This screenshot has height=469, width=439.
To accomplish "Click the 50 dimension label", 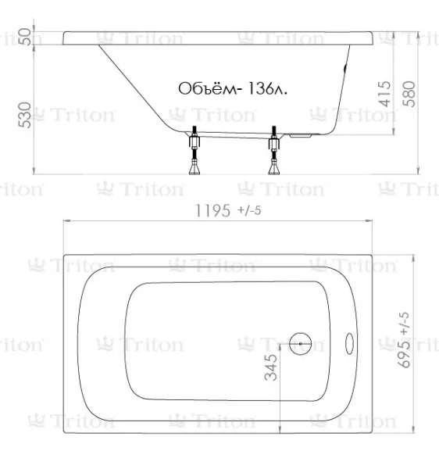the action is point(24,37).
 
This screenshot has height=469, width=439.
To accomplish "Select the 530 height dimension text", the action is point(24,115).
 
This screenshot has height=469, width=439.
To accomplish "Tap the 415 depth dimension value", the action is point(384,94).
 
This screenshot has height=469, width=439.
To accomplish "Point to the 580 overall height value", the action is point(409,94).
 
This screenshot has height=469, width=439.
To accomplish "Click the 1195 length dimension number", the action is point(212,210).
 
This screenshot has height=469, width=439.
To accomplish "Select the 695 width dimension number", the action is point(404,353).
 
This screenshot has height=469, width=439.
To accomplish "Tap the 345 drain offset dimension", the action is point(271,367).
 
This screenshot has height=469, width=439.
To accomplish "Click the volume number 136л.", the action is point(267,88).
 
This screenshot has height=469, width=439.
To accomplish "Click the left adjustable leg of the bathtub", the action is point(195,150).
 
